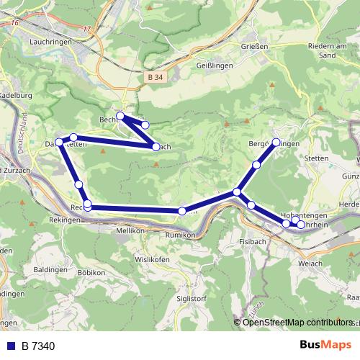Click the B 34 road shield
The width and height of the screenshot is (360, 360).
pyautogui.click(x=154, y=76)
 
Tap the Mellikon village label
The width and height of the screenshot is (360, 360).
pyautogui.click(x=131, y=231)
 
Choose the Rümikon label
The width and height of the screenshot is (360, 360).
pyautogui.click(x=180, y=235)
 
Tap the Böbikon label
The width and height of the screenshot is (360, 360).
pyautogui.click(x=91, y=274)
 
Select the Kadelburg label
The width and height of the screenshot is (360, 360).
pyautogui.click(x=16, y=95)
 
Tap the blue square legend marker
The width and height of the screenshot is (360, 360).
pyautogui.click(x=10, y=346)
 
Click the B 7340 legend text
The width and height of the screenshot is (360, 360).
pyautogui.click(x=37, y=346)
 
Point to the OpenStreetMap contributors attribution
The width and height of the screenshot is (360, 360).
pyautogui.click(x=298, y=322)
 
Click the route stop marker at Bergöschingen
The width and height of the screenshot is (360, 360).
pyautogui.click(x=276, y=142)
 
